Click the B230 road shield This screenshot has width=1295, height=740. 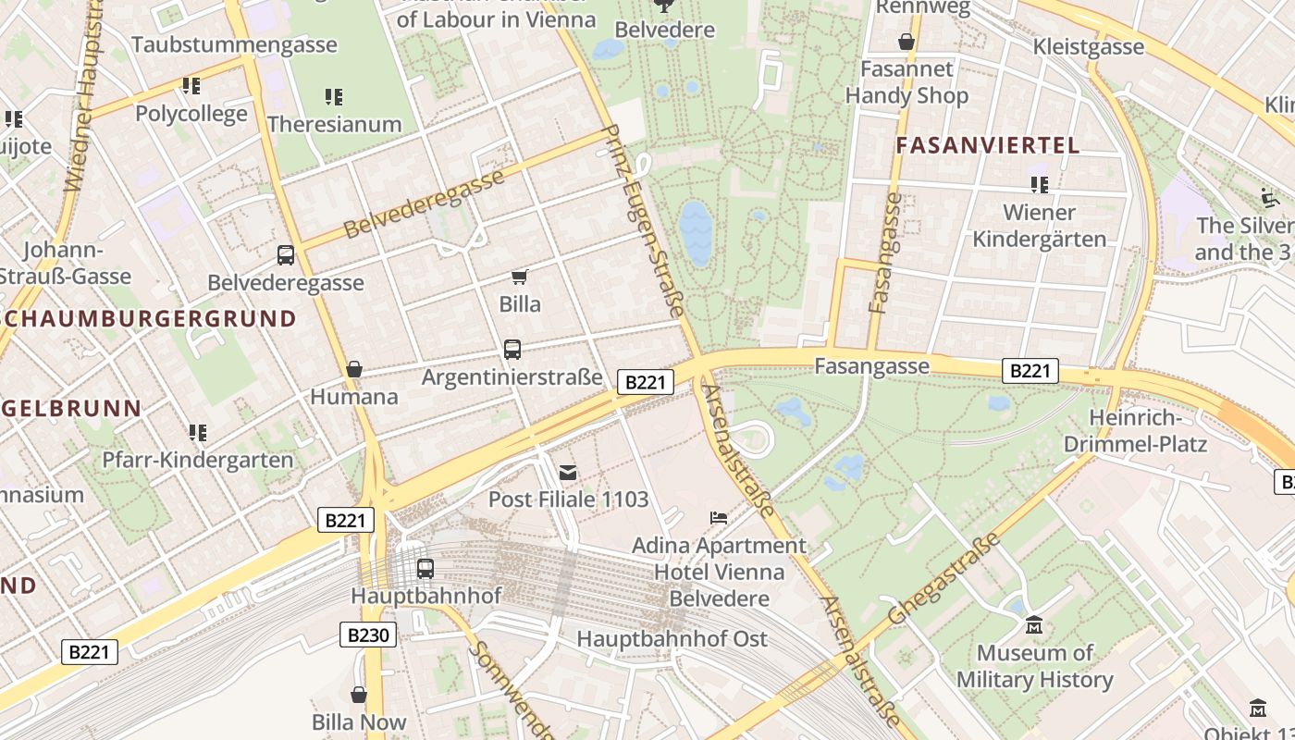tap(369, 635)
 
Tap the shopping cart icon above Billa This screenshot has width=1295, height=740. tap(519, 277)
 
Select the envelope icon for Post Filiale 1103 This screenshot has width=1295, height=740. tap(568, 473)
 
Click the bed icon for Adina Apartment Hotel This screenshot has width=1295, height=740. tap(719, 518)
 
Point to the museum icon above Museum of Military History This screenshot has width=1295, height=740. tap(1034, 626)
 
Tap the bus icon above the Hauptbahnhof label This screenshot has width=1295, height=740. tap(425, 569)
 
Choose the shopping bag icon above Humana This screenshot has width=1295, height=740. tap(353, 370)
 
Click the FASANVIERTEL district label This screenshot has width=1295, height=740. tap(988, 145)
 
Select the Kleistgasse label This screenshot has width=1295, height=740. tap(1089, 46)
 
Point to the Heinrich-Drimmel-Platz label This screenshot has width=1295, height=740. tap(1135, 431)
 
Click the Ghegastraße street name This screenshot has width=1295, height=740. tap(943, 578)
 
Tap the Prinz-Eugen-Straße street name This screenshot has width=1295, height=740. tap(644, 222)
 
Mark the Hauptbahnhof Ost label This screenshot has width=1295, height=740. tap(672, 639)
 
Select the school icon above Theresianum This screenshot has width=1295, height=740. tap(334, 97)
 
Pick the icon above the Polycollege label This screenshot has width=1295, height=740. tap(191, 86)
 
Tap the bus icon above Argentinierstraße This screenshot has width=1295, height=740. tap(512, 350)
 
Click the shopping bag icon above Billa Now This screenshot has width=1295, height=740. tap(359, 695)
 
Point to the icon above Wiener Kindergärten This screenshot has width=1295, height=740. tap(1040, 185)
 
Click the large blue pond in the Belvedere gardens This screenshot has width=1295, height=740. tap(696, 233)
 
